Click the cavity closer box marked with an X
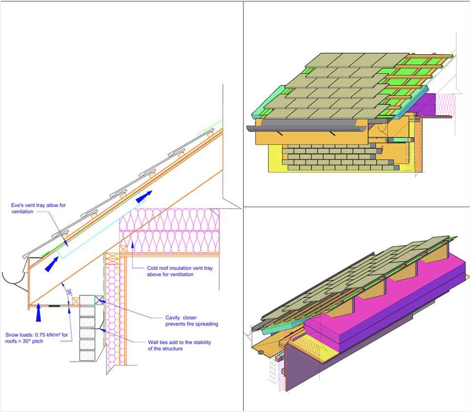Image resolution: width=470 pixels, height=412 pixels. click(x=99, y=300)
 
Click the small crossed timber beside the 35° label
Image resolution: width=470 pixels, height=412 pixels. click(x=76, y=301)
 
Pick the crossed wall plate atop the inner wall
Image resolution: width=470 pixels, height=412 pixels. click(x=123, y=249)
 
